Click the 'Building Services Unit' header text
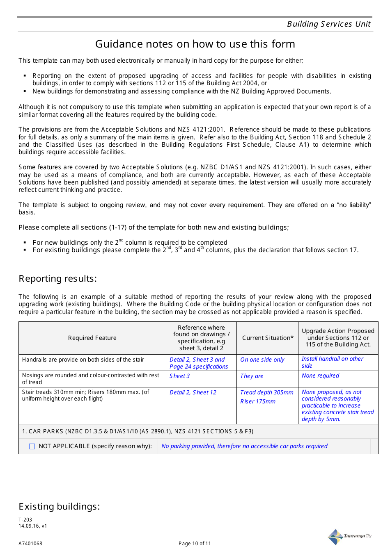click(328, 24)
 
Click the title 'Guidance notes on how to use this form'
click(195, 44)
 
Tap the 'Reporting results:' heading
click(57, 279)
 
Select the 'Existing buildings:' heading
click(59, 507)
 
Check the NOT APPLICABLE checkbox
click(32, 446)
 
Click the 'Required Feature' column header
click(92, 338)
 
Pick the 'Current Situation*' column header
click(268, 338)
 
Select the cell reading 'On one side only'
click(262, 360)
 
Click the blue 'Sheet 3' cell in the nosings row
click(179, 376)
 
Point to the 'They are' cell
click(252, 376)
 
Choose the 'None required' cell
click(320, 376)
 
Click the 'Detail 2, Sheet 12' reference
click(193, 392)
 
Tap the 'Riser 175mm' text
click(258, 401)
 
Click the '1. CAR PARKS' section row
click(138, 431)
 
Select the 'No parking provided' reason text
click(244, 446)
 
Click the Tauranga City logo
click(349, 536)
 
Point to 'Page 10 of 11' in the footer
click(195, 544)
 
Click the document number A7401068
click(30, 544)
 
